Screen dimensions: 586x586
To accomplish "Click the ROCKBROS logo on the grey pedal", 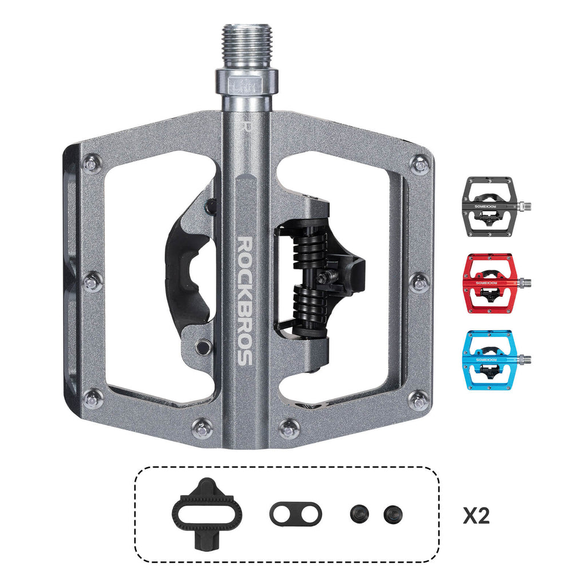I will [x=244, y=300].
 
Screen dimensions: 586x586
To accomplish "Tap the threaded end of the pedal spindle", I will [x=247, y=46].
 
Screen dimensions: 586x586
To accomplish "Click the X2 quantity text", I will [x=476, y=516].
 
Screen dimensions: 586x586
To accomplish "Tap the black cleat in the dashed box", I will [x=206, y=513].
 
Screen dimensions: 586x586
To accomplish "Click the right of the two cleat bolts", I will [x=393, y=513].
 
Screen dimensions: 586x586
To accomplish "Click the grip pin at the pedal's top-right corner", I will [x=421, y=165].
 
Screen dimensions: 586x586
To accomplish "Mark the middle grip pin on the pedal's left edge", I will [x=92, y=282].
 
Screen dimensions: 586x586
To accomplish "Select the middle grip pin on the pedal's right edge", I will [x=419, y=282].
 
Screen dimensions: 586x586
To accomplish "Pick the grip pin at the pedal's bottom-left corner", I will [x=92, y=399].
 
